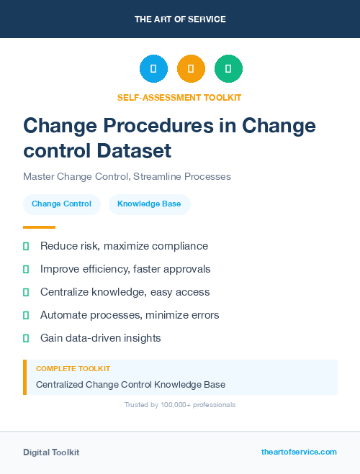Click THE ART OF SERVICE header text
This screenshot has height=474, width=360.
click(x=180, y=19)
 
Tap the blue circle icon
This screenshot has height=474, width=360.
click(x=153, y=68)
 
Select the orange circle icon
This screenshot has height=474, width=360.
click(x=191, y=68)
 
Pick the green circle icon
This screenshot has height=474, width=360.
click(x=228, y=68)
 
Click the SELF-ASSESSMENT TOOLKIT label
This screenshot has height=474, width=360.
click(x=180, y=97)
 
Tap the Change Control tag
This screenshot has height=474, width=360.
click(x=61, y=204)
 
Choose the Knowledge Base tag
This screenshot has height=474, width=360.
click(x=149, y=204)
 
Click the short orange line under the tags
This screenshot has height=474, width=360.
click(x=39, y=227)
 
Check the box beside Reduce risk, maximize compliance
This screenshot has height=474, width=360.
click(x=26, y=247)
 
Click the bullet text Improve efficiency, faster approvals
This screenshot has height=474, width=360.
click(x=125, y=269)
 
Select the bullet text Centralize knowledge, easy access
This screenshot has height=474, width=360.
click(x=125, y=292)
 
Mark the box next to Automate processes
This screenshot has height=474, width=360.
click(x=26, y=315)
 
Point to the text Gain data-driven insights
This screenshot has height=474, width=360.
click(x=100, y=337)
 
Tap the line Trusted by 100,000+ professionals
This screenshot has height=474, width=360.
click(x=180, y=405)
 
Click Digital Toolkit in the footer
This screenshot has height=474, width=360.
click(x=51, y=452)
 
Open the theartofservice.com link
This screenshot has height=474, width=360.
click(x=299, y=452)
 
